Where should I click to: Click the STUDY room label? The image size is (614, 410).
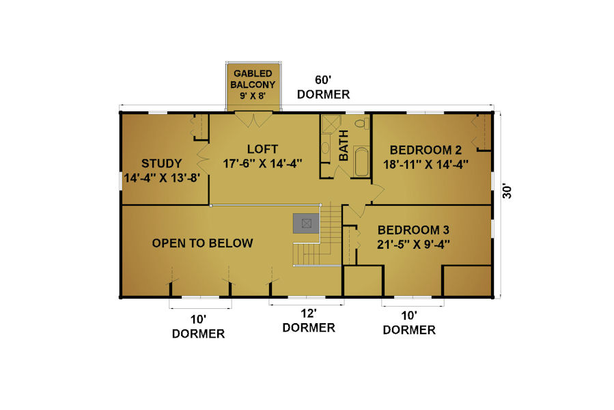click(161, 163)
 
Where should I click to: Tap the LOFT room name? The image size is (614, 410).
click(262, 149)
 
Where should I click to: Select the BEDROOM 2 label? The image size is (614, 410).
click(425, 150)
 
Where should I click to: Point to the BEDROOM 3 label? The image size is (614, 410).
click(413, 230)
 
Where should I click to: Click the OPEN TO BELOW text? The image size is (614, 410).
click(202, 243)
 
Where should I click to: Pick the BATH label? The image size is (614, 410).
click(344, 146)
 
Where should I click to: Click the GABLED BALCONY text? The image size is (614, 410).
click(253, 79)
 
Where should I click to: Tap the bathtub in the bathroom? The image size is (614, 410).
click(361, 161)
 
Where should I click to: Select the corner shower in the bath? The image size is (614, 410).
click(331, 124)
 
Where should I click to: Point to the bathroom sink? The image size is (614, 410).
click(325, 148)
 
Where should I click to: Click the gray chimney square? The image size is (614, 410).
click(306, 223)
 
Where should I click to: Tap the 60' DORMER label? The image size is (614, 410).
click(324, 87)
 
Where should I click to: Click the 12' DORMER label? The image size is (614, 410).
click(309, 320)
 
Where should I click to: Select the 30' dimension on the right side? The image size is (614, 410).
click(507, 191)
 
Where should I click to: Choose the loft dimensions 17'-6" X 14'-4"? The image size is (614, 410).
click(262, 163)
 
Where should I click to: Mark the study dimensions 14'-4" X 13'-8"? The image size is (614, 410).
click(162, 178)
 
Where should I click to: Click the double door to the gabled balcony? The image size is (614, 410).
click(253, 120)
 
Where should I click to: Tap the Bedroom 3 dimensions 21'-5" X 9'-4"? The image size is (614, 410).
click(413, 245)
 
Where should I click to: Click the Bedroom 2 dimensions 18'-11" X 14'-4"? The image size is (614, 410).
click(425, 165)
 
